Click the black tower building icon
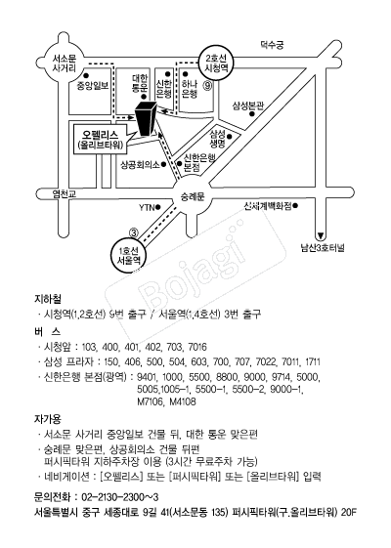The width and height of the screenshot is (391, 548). (x=146, y=118)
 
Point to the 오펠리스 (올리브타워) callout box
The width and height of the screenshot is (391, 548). (x=100, y=139)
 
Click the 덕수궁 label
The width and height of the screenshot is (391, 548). (x=272, y=45)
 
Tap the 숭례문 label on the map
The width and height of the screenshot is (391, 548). (x=192, y=196)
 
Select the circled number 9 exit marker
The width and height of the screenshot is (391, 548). (x=208, y=86)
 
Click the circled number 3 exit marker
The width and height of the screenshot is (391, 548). (x=134, y=232)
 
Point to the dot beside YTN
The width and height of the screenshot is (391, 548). (x=157, y=207)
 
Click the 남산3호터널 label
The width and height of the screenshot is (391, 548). (x=323, y=248)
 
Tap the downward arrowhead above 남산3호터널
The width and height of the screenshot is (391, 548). (x=320, y=235)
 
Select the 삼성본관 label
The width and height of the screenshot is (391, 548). (x=248, y=105)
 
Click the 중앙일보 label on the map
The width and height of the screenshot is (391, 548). (x=93, y=85)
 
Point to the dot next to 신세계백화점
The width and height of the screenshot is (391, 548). (x=295, y=206)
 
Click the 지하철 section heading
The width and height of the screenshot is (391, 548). (x=48, y=299)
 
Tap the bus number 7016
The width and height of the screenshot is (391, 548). (x=197, y=347)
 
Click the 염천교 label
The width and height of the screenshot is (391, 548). (x=65, y=194)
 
